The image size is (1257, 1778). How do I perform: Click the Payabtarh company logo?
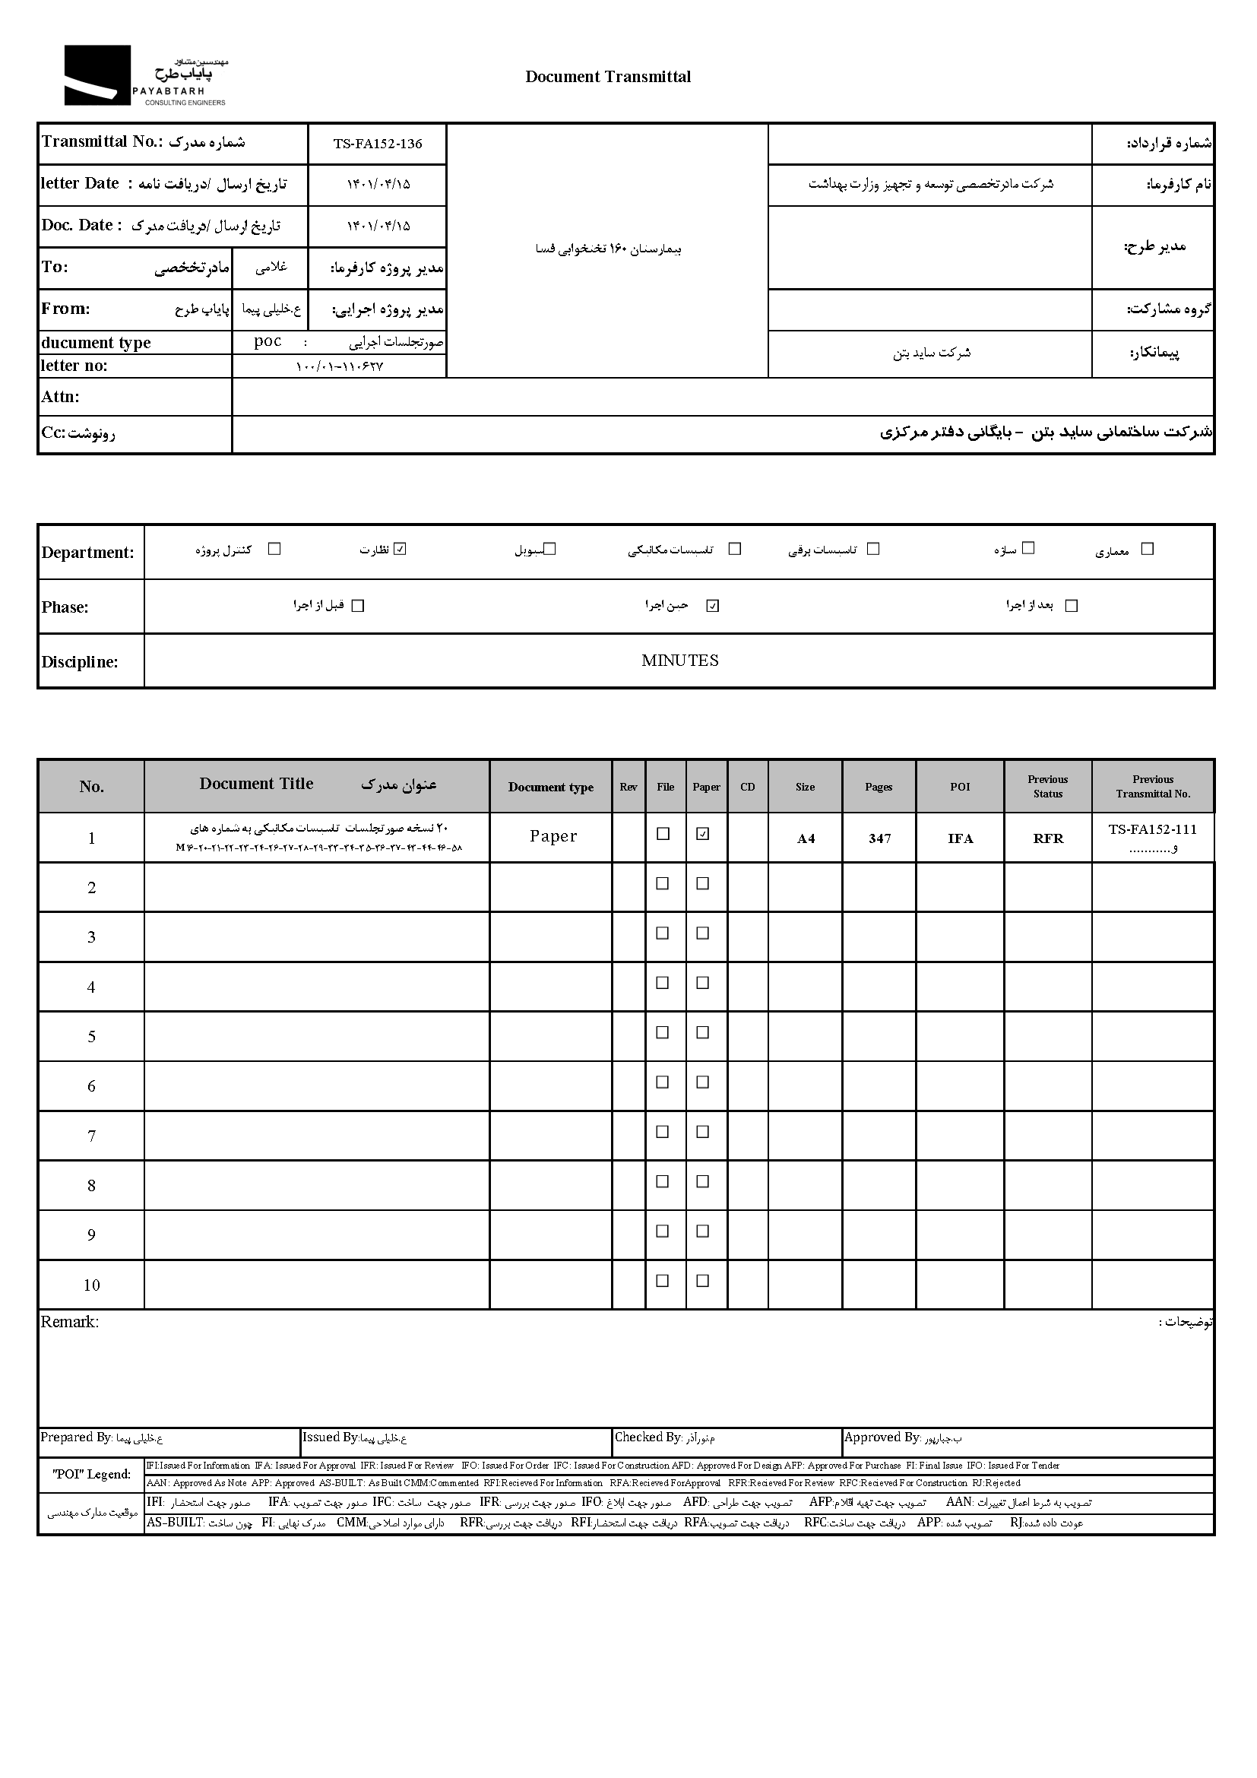pos(144,76)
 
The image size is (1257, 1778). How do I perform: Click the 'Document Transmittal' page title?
pos(608,77)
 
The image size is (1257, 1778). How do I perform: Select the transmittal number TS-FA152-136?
pos(378,144)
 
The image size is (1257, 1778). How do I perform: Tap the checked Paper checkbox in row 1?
pos(703,834)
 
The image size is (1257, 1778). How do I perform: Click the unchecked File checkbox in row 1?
pos(663,834)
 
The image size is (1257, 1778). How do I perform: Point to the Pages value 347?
pos(879,838)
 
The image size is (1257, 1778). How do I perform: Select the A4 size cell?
pos(806,838)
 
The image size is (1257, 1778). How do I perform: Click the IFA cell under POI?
pos(961,838)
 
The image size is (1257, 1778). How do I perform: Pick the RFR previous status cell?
pos(1048,838)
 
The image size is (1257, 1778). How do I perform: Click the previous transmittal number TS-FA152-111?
pos(1153,830)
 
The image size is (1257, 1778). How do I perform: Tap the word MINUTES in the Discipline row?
pos(679,661)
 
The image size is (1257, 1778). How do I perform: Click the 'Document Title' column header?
pos(256,784)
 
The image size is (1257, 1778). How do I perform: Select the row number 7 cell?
pos(91,1136)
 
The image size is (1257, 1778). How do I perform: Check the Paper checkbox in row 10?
pos(703,1281)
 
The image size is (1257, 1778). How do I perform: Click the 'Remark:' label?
pos(70,1323)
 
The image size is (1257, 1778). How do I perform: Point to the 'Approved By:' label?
pos(882,1437)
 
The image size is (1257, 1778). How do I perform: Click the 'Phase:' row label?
pos(65,607)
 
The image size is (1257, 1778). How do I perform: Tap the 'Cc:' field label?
pos(53,433)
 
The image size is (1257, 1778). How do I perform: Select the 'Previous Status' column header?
pos(1048,786)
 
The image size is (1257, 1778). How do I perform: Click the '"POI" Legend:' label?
pos(91,1475)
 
